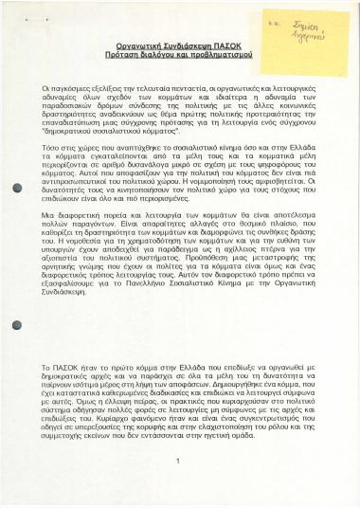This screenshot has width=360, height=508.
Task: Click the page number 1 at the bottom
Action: [x=178, y=459]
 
